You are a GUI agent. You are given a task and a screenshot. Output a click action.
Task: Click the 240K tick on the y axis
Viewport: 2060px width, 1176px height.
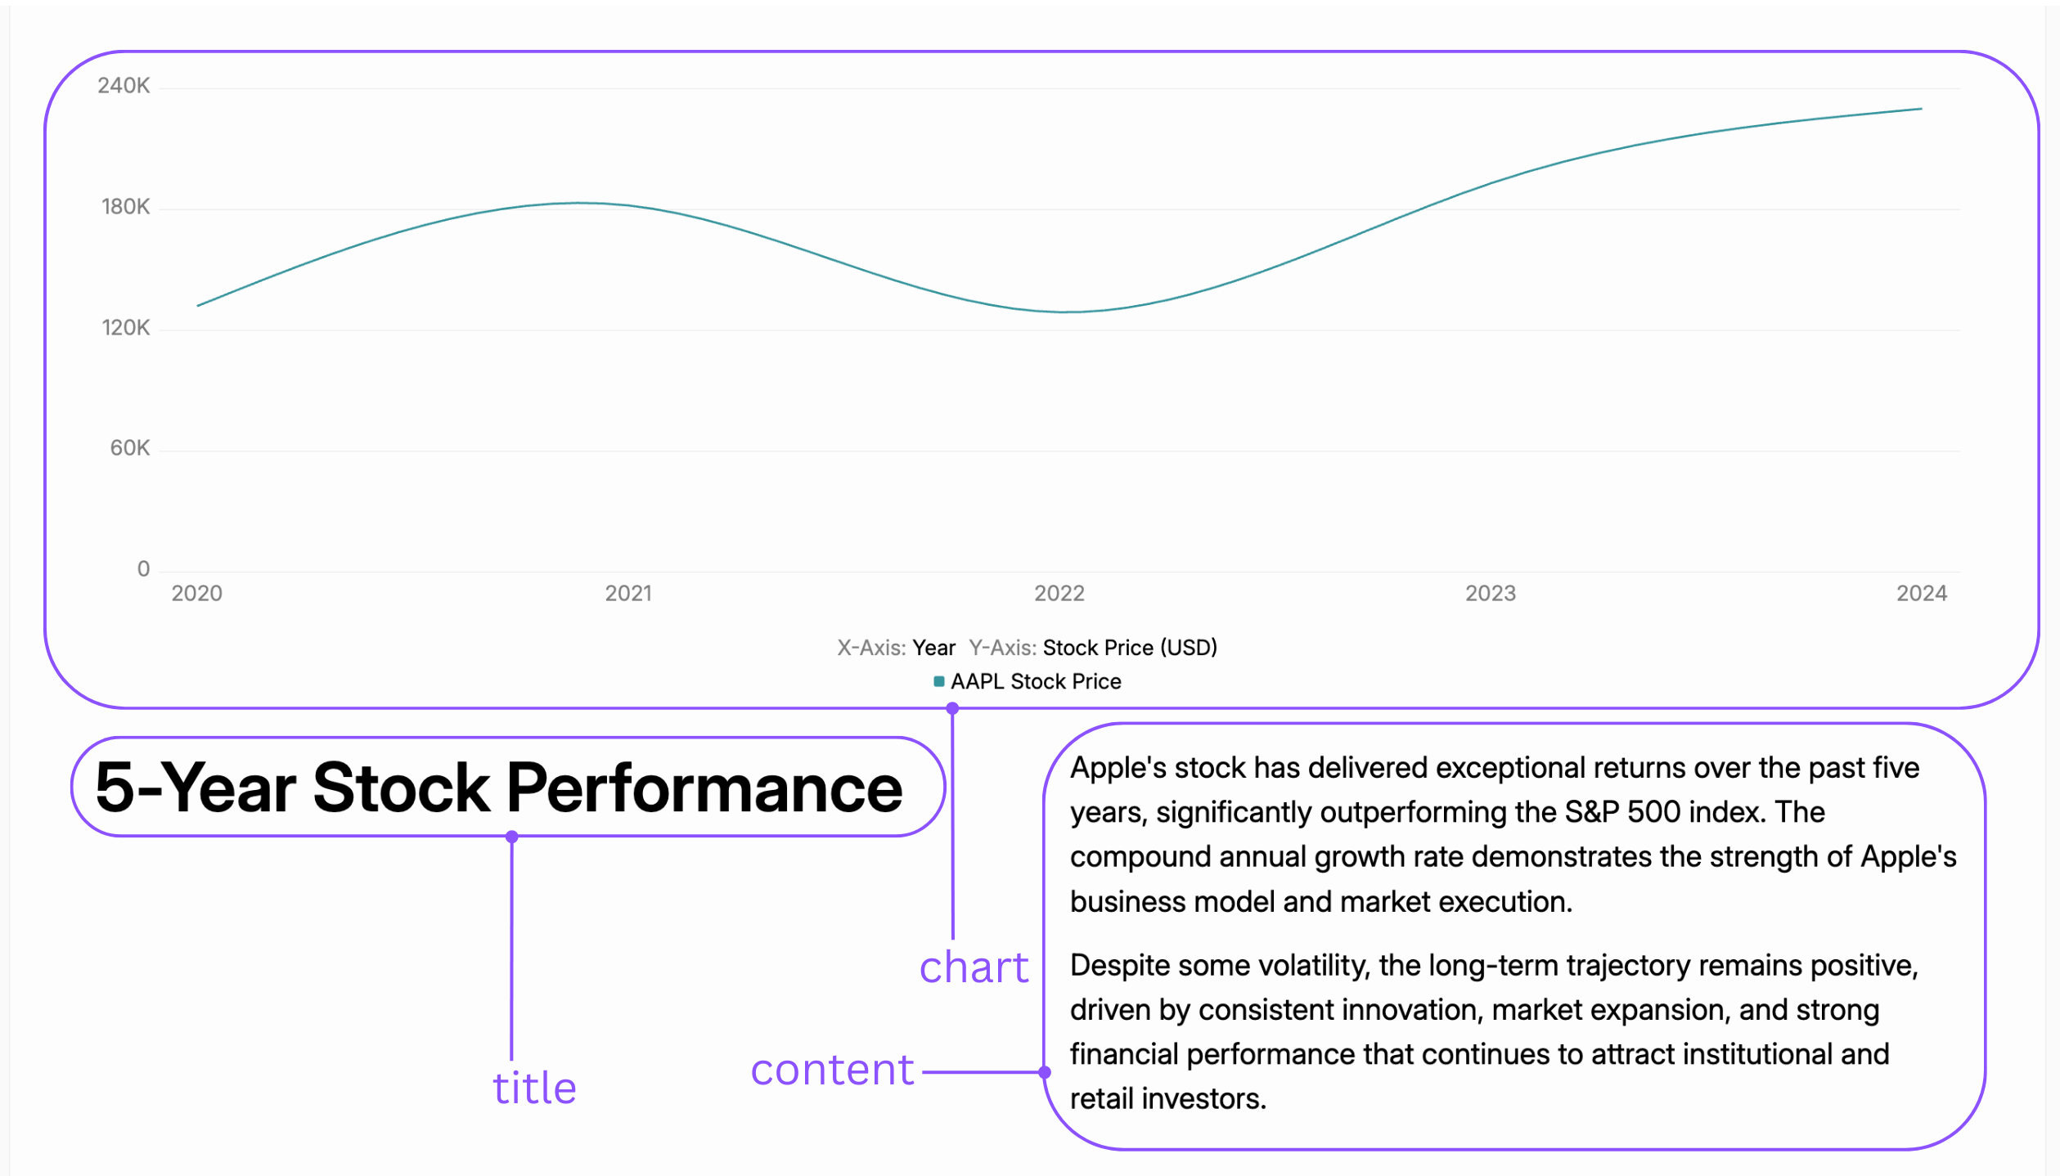pos(124,86)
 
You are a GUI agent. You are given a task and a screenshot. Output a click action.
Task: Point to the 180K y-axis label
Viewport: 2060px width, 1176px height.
pos(125,207)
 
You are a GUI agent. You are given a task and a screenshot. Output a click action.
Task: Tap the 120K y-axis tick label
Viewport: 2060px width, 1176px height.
pos(125,328)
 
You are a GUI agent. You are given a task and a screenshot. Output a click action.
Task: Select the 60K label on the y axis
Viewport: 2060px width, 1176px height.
pos(129,448)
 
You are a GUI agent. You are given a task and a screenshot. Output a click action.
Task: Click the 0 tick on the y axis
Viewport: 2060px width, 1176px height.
pos(143,569)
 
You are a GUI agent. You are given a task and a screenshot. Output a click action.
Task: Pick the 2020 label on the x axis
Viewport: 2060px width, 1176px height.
pos(196,594)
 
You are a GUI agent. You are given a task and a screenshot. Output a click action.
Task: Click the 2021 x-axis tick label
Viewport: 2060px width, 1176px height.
pos(628,594)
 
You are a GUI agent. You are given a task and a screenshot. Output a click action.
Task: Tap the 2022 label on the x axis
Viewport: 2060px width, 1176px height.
pos(1059,594)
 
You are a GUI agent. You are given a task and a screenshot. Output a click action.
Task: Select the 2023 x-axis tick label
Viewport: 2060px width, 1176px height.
pos(1491,594)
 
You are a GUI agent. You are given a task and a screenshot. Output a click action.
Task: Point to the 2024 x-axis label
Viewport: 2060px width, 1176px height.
pos(1922,594)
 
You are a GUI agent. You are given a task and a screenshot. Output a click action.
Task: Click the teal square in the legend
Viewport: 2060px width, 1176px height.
pos(939,681)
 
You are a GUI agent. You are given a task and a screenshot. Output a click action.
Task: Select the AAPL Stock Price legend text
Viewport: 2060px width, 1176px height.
pos(1036,681)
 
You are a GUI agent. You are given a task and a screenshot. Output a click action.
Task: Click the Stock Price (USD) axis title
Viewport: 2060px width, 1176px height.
pos(1130,648)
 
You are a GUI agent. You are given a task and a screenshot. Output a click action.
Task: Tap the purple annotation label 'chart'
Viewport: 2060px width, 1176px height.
pos(974,967)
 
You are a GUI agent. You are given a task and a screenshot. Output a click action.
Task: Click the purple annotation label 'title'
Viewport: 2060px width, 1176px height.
pos(534,1088)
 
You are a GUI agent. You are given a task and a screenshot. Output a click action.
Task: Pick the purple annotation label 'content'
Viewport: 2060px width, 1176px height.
pos(832,1070)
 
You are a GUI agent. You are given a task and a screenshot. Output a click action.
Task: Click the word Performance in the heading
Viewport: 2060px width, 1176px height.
pos(704,788)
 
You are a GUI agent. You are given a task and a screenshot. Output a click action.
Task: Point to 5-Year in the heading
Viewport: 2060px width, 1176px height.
pos(196,788)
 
